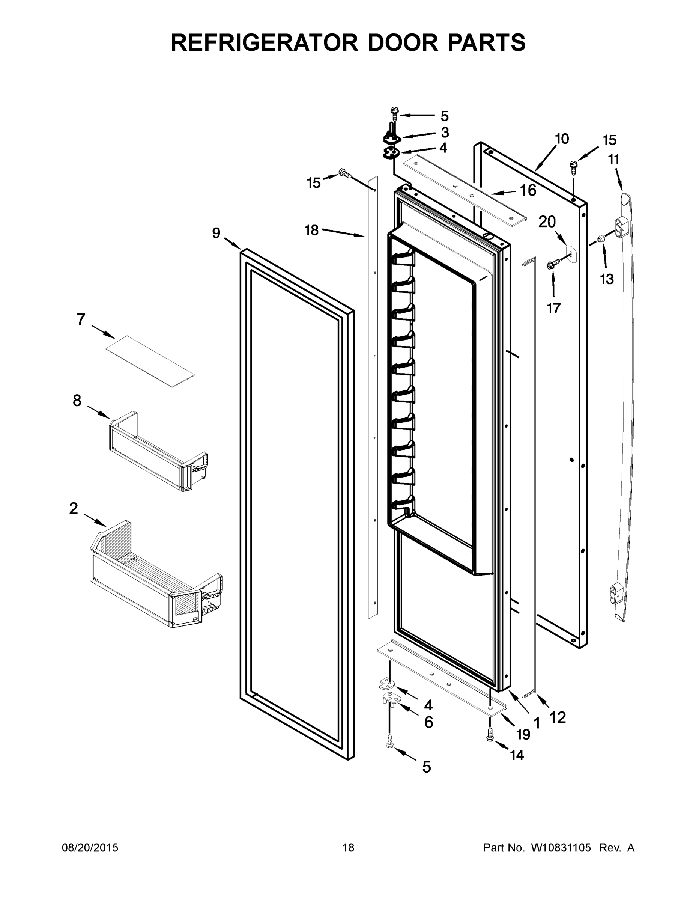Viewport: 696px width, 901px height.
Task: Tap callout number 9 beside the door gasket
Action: click(216, 233)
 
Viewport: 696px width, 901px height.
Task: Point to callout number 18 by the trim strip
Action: click(312, 230)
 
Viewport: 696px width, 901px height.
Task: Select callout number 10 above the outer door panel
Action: click(562, 139)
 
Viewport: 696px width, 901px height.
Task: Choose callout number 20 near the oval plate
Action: click(547, 222)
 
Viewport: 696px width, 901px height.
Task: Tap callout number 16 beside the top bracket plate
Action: click(528, 191)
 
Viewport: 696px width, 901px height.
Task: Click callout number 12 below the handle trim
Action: click(558, 718)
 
